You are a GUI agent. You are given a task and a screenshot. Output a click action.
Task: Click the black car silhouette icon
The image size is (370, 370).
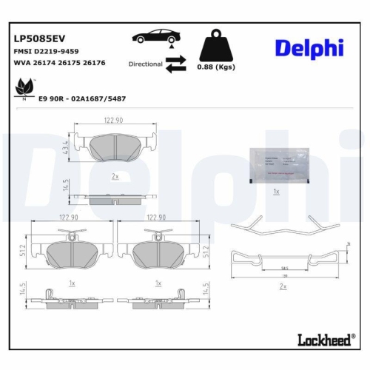(155, 36)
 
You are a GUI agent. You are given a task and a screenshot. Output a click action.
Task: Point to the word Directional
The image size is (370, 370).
(145, 64)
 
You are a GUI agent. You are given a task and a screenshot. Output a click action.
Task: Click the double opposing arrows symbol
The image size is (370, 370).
(175, 67)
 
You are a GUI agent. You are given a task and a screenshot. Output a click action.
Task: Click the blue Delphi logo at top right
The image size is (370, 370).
(309, 48)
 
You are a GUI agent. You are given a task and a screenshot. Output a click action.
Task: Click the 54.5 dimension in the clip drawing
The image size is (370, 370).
(283, 268)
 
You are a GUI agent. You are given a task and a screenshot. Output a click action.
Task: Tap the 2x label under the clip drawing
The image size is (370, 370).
(283, 285)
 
